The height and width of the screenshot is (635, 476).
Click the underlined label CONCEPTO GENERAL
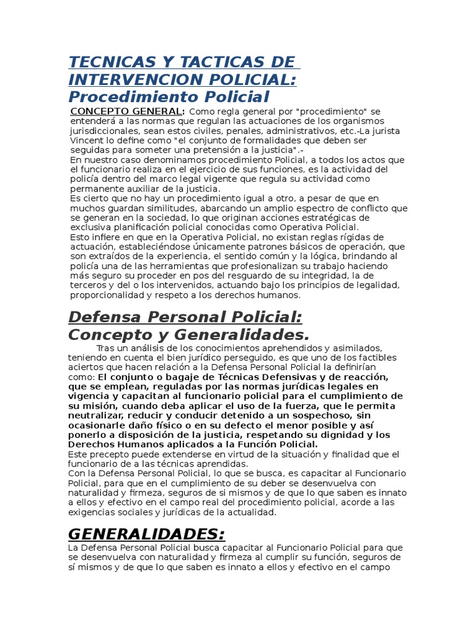[127, 111]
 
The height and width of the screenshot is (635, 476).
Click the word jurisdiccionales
[104, 130]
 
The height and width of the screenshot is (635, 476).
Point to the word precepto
[110, 455]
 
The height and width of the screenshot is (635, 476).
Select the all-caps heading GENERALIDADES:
[146, 534]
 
